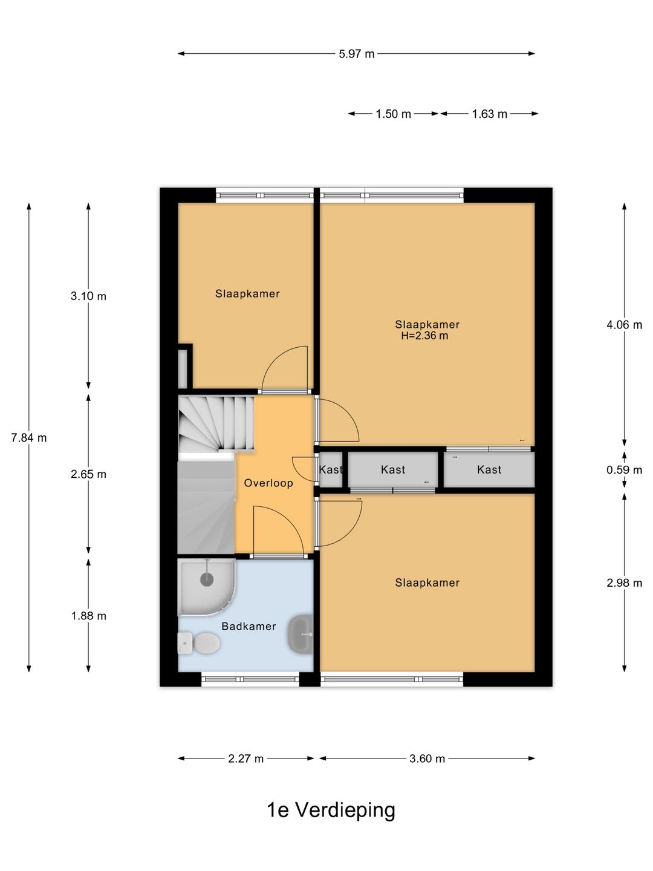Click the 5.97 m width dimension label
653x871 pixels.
(356, 54)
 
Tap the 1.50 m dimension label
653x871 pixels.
(393, 114)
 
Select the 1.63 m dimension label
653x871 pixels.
(489, 114)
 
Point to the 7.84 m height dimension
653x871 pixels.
(28, 437)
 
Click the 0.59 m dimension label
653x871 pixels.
(624, 470)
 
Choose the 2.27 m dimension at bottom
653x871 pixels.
(245, 758)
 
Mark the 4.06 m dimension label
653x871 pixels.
(624, 325)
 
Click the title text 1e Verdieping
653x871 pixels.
(331, 810)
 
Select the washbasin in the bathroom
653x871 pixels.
(301, 634)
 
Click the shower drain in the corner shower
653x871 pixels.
(207, 579)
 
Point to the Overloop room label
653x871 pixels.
(268, 483)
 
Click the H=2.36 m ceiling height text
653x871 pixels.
(424, 336)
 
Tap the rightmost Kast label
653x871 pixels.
(489, 469)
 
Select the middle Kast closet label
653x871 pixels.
(393, 469)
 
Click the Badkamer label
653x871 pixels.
(249, 626)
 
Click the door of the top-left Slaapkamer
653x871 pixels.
(284, 369)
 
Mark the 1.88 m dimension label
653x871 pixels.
(88, 616)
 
